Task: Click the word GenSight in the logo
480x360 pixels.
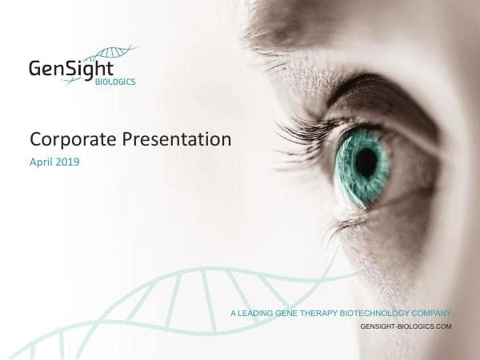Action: [x=70, y=69]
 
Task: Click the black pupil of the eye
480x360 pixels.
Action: [x=366, y=162]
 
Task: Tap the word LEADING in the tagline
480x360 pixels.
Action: [x=255, y=313]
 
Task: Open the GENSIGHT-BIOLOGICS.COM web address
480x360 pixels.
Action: [x=406, y=327]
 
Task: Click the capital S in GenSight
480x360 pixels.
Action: [x=73, y=69]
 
